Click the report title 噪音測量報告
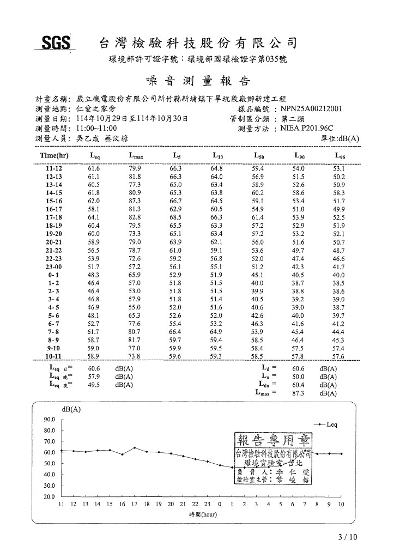point(198,81)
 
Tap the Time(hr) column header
point(53,156)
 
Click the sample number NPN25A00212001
point(311,108)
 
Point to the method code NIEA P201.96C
point(308,128)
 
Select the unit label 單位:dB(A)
point(341,138)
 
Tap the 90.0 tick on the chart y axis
point(49,420)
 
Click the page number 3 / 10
point(348,537)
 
